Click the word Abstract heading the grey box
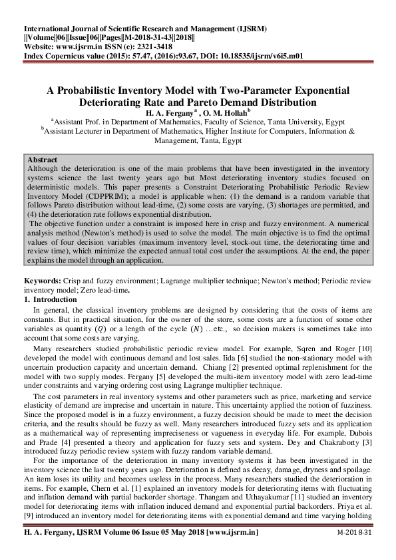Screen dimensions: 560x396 (x=43, y=160)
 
